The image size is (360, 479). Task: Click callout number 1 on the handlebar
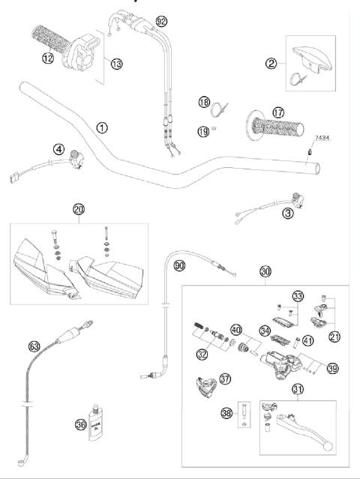click(101, 127)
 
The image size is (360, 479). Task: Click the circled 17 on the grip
click(278, 113)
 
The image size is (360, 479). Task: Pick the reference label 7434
click(321, 138)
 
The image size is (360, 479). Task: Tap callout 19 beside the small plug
click(202, 131)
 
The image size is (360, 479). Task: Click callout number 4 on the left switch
click(58, 148)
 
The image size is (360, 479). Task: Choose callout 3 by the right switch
click(288, 214)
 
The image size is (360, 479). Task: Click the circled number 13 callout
click(116, 64)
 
